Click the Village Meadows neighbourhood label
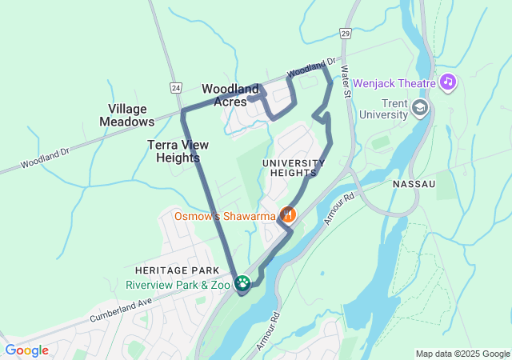pos(126,115)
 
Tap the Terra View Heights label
pos(173,151)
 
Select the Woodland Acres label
pos(230,95)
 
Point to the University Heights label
pos(294,168)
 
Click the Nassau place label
pos(414,184)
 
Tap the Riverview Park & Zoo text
pos(178,285)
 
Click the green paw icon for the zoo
pos(242,283)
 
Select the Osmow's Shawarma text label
pos(225,214)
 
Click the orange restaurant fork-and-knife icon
pos(287,214)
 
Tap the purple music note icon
pos(448,82)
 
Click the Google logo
pos(26,350)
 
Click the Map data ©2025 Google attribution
pos(462,354)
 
